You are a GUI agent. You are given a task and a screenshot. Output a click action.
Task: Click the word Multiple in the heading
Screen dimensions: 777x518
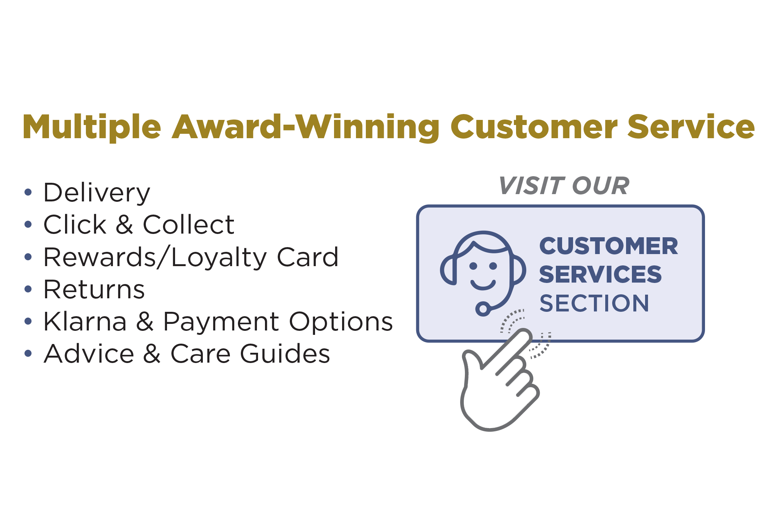92,128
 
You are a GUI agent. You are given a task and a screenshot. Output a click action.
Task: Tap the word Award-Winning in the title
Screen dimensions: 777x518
306,128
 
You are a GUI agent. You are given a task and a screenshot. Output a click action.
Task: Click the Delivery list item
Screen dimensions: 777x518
97,193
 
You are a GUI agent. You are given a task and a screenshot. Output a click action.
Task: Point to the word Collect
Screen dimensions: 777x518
188,224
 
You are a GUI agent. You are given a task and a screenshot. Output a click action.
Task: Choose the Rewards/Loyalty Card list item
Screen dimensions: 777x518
191,257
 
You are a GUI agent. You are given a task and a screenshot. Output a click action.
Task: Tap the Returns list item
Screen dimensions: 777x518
94,289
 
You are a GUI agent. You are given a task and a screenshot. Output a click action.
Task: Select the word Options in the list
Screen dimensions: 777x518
341,322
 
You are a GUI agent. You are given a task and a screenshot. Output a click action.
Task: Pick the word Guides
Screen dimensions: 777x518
285,353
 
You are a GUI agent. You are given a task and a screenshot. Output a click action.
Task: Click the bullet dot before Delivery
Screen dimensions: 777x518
28,192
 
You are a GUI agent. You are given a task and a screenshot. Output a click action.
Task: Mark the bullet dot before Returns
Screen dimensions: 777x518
28,289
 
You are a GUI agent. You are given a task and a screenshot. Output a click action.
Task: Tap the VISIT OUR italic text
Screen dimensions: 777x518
564,186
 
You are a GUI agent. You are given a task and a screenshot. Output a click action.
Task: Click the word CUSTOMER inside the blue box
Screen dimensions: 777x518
609,246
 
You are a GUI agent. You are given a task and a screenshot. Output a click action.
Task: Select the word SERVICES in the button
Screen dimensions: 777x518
600,274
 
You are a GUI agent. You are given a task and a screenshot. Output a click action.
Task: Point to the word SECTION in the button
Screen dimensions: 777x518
594,303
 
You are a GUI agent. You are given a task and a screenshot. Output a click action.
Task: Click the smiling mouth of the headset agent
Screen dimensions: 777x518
483,285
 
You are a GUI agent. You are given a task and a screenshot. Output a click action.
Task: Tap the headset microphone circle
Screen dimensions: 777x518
483,309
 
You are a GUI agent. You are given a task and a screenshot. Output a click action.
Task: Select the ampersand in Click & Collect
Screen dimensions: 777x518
124,224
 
